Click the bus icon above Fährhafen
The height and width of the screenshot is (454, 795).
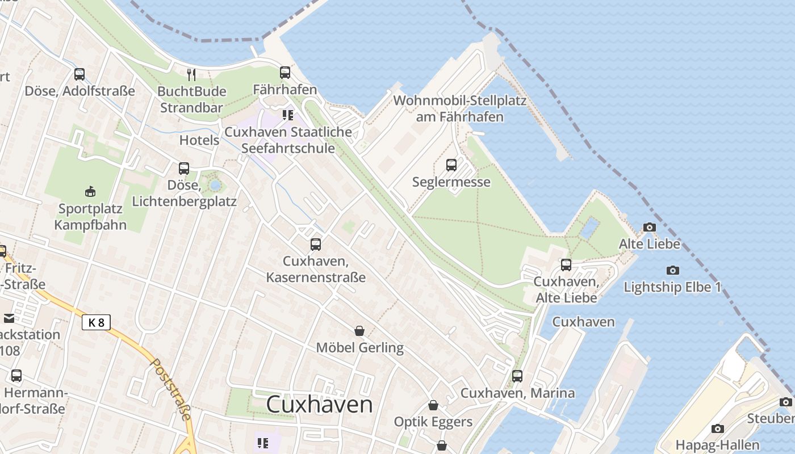point(284,73)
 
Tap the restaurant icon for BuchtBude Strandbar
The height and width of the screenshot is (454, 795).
point(192,74)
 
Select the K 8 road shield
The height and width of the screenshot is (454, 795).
point(96,323)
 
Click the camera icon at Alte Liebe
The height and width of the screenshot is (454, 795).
point(649,228)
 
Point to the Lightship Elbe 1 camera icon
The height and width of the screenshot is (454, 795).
point(673,271)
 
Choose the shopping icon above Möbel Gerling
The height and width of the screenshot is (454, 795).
point(359,331)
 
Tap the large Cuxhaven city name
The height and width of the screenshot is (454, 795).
point(319,405)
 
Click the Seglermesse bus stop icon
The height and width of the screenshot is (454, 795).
point(451,165)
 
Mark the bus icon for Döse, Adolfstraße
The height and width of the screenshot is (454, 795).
point(79,74)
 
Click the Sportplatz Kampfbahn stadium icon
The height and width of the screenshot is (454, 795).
point(90,191)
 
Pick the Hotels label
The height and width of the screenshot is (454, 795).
point(199,140)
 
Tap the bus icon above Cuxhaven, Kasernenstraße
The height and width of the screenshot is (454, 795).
point(316,245)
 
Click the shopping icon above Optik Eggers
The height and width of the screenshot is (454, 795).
point(433,405)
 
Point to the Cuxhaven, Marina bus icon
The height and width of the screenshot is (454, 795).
point(517,376)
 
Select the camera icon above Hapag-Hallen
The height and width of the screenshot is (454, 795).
point(718,428)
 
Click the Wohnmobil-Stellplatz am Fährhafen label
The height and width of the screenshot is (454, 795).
point(459,109)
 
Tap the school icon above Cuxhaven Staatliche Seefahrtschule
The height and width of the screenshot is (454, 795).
point(288,115)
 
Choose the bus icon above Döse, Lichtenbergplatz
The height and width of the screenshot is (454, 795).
point(184,169)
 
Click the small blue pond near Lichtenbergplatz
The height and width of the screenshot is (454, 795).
point(215,185)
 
